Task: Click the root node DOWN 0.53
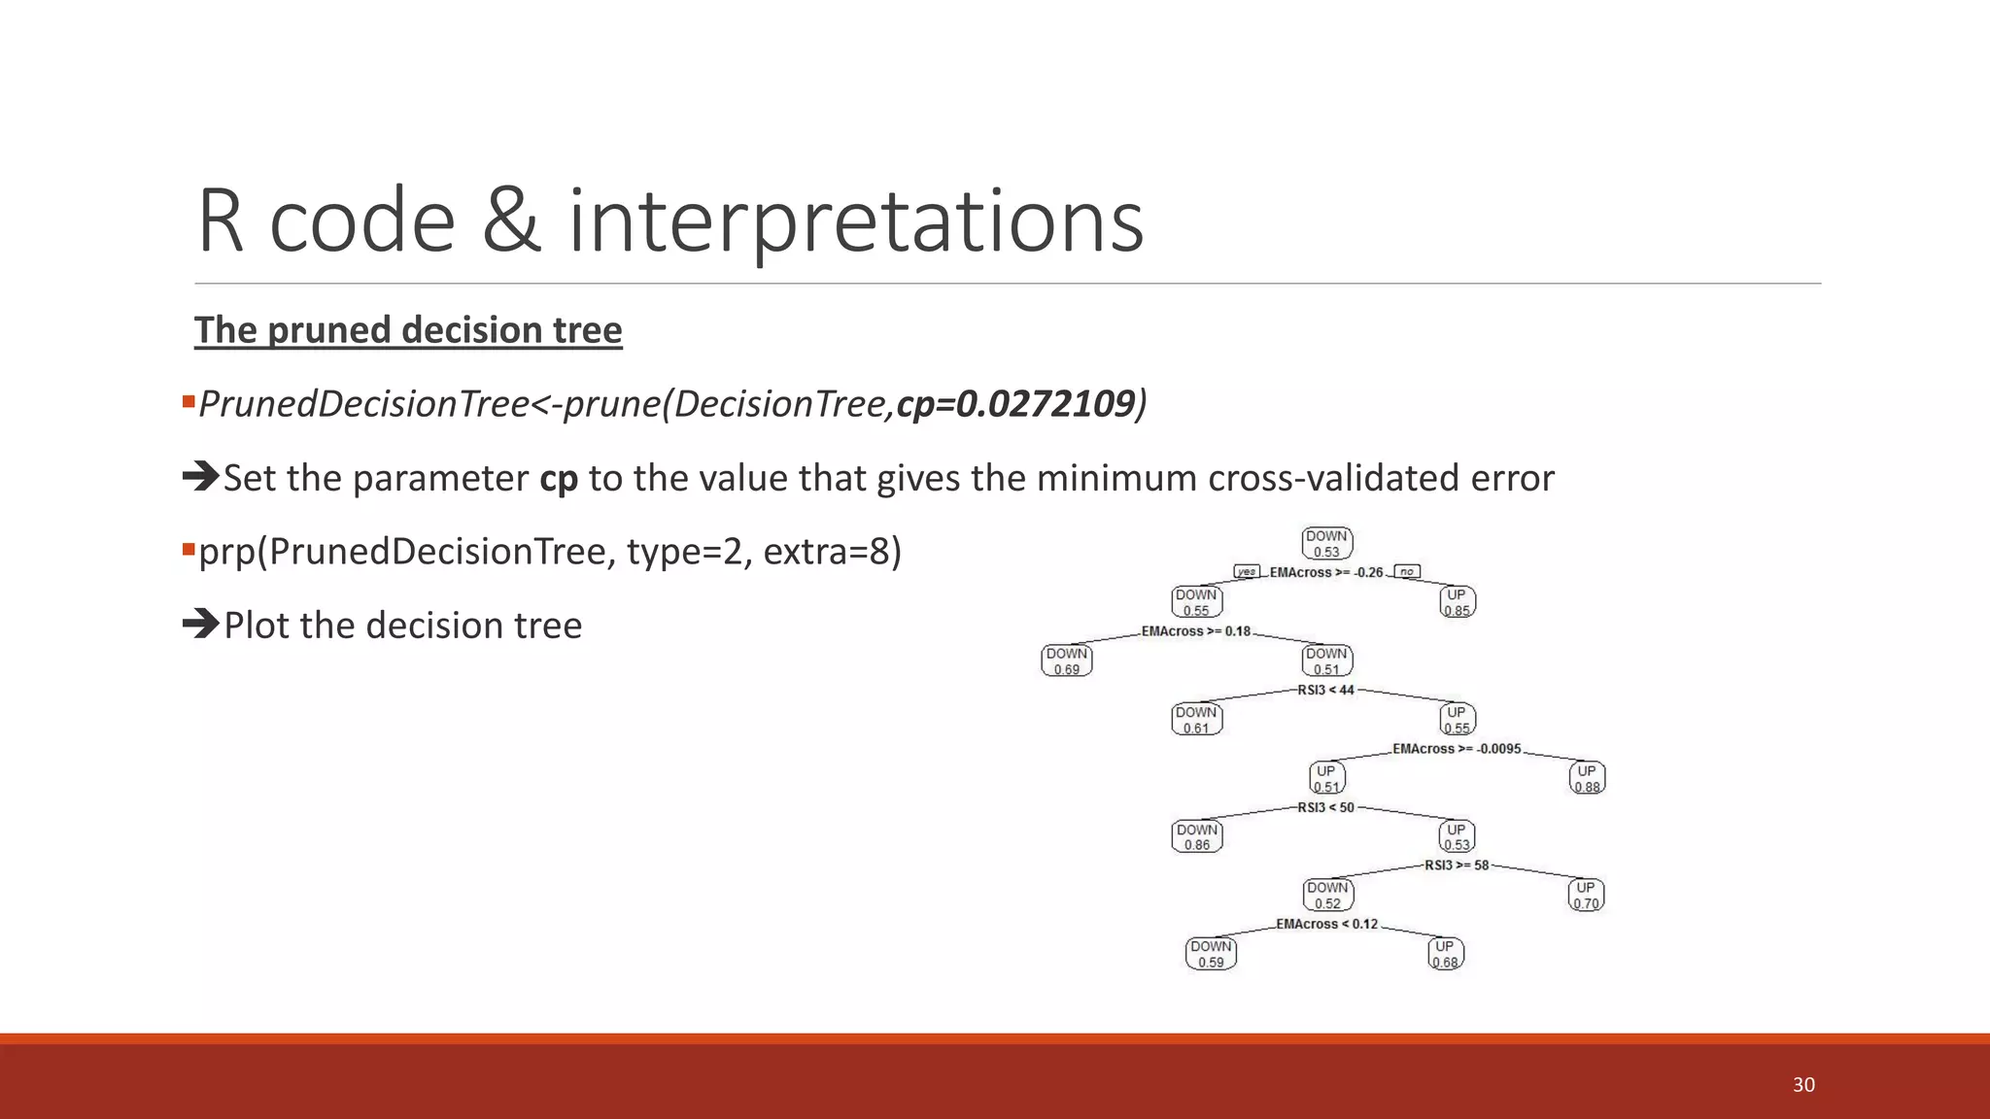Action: click(x=1326, y=544)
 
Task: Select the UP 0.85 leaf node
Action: click(x=1457, y=602)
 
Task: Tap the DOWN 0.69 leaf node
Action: click(x=1067, y=661)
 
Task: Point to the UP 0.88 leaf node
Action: click(x=1587, y=778)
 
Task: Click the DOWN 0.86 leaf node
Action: click(x=1197, y=837)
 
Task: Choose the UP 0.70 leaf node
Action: click(x=1586, y=895)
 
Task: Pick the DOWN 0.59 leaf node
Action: click(x=1211, y=954)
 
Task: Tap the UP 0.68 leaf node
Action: click(x=1445, y=954)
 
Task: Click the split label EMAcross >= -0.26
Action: click(x=1325, y=572)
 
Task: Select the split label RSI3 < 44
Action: click(x=1325, y=690)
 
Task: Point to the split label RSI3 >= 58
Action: click(x=1457, y=865)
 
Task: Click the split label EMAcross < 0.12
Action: click(x=1326, y=924)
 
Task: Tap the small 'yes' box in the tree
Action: click(x=1247, y=571)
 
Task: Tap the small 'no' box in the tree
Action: click(x=1406, y=571)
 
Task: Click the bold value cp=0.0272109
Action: click(x=1015, y=404)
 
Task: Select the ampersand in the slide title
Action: click(x=511, y=221)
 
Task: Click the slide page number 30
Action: click(x=1803, y=1085)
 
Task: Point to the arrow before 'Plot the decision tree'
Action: click(x=201, y=624)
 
